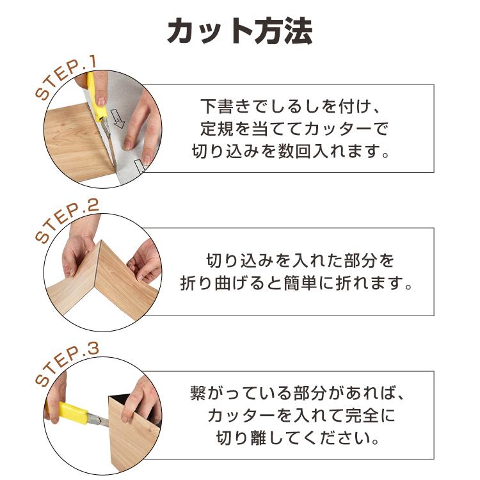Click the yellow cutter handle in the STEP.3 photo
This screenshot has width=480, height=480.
72,413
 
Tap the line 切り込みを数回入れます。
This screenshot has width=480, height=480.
292,152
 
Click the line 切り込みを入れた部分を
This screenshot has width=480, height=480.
300,260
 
